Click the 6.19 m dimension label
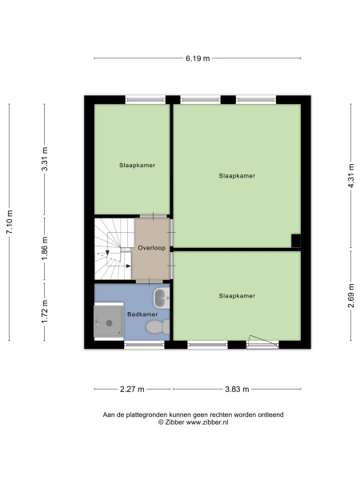tap(198, 58)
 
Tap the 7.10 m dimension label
tap(10, 222)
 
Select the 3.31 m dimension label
tap(45, 159)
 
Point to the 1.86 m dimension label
tap(45, 248)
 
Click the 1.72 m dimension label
tap(45, 311)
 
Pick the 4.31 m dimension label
tap(351, 176)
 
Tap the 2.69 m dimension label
tap(351, 295)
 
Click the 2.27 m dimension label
tap(132, 389)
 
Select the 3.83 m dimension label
tap(237, 389)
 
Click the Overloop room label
tap(151, 248)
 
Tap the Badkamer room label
tap(142, 314)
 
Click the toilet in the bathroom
tap(158, 327)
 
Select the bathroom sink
tap(162, 298)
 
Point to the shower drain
tap(109, 322)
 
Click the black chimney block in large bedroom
tap(296, 241)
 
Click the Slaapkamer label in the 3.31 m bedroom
tap(137, 166)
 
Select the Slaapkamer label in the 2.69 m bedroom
tap(237, 296)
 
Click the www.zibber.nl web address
tap(207, 422)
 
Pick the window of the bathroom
tap(144, 345)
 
